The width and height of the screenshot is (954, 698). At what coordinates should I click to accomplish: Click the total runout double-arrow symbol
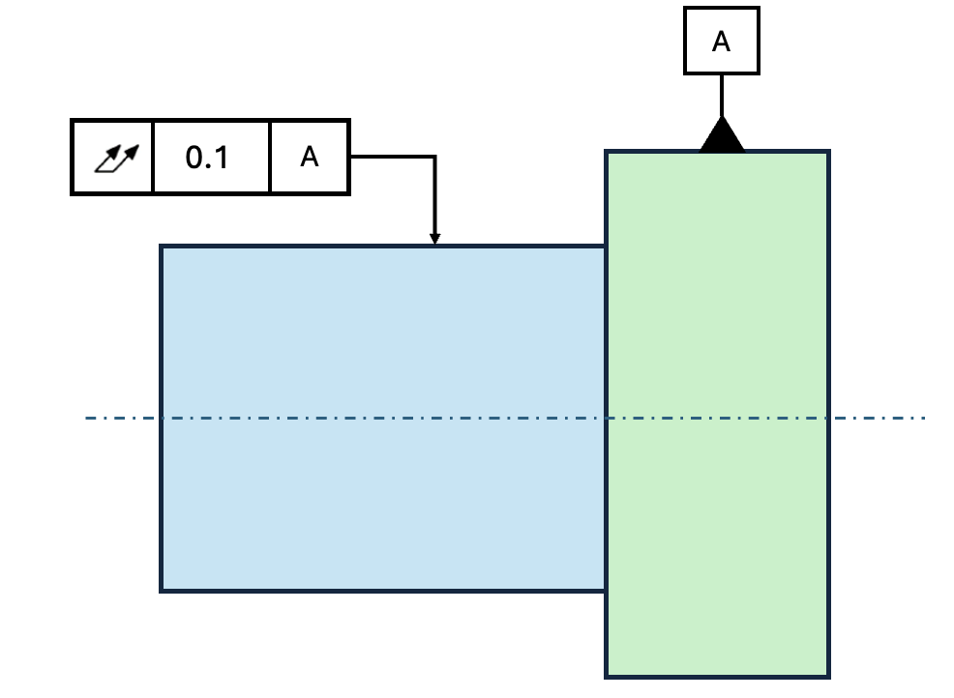tap(117, 159)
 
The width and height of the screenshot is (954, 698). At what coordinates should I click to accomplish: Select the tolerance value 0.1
tap(207, 158)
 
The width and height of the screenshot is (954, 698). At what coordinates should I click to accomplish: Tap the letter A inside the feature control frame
tap(309, 157)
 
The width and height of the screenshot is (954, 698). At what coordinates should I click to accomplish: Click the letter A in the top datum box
tap(721, 42)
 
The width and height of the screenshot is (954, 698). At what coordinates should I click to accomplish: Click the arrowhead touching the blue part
tap(435, 239)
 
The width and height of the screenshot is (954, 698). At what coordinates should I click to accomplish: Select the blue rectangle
tap(383, 419)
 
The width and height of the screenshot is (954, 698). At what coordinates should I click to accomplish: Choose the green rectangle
tap(718, 414)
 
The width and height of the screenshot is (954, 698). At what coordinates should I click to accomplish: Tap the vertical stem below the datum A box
tap(722, 96)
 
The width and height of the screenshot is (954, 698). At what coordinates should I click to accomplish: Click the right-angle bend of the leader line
tap(435, 157)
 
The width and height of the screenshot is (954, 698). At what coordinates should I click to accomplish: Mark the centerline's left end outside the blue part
tap(86, 419)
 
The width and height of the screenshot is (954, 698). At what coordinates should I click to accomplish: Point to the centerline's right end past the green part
tap(924, 419)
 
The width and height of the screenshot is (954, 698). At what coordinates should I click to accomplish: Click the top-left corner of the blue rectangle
tap(161, 246)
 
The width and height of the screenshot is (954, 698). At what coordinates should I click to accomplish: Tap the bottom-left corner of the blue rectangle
tap(161, 591)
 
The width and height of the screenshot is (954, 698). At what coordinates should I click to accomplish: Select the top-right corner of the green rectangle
tap(829, 150)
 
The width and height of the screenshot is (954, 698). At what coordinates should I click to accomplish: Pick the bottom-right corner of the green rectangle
tap(829, 677)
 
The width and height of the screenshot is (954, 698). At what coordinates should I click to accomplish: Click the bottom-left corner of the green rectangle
tap(606, 677)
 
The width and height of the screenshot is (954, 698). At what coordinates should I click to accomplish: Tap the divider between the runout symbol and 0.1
tap(153, 157)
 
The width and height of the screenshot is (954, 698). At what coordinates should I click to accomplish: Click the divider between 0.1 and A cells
tap(270, 157)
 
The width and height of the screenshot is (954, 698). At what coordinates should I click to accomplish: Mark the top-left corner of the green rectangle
tap(606, 150)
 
